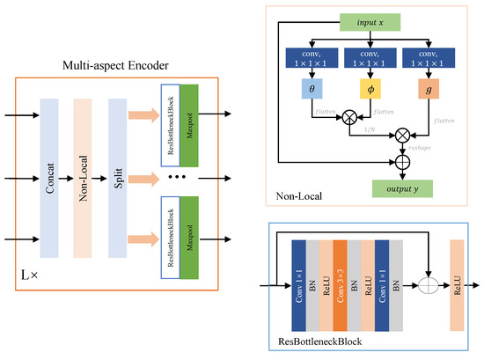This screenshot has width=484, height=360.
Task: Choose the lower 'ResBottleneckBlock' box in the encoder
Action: click(x=170, y=227)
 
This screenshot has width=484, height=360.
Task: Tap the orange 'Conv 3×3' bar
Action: click(x=339, y=286)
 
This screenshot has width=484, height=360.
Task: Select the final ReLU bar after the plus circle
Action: click(x=456, y=287)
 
